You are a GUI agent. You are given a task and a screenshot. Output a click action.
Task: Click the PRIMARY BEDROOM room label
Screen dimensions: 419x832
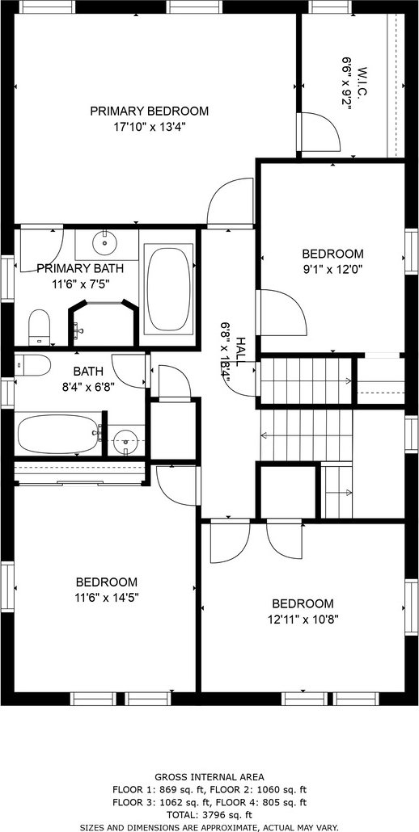(x=149, y=111)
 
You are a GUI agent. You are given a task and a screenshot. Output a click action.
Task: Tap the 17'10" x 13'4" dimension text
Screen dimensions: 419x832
(x=149, y=127)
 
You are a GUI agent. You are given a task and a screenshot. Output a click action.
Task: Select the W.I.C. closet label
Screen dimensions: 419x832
(x=363, y=82)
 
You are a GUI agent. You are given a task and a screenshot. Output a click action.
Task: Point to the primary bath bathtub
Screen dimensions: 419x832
(x=168, y=287)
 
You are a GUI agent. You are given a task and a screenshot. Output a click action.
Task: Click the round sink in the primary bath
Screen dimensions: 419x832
(x=104, y=244)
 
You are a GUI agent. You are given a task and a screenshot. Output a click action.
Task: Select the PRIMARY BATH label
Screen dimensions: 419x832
(x=73, y=268)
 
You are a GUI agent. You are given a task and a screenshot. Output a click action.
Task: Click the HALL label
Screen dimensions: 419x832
(x=240, y=351)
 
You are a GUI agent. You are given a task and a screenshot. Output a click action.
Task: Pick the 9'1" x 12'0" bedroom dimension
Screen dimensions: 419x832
(x=333, y=269)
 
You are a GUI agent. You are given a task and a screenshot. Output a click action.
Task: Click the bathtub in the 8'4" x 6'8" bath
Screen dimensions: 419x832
(x=58, y=434)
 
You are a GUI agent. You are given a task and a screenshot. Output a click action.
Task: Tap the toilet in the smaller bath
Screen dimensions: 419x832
(x=32, y=366)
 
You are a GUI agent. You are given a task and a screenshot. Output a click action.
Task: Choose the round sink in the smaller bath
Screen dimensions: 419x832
(x=126, y=439)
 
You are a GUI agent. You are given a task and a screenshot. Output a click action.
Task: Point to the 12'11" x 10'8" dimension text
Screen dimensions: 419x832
(x=303, y=619)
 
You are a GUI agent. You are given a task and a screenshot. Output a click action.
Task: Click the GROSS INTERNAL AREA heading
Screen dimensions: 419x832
(x=209, y=777)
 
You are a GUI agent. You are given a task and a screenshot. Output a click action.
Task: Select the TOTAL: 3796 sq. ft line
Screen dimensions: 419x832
(x=209, y=815)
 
